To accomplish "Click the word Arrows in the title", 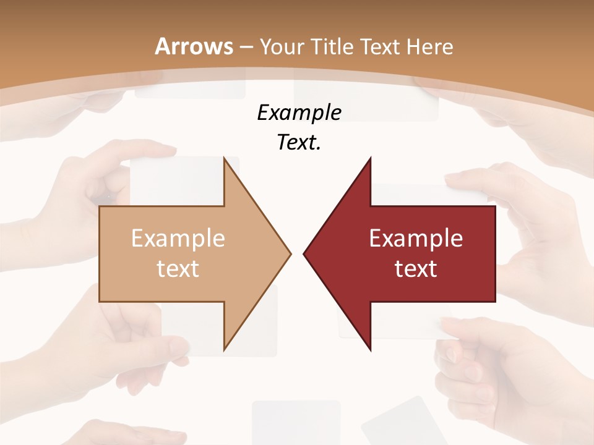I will pyautogui.click(x=194, y=46).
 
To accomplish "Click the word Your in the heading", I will pyautogui.click(x=282, y=47).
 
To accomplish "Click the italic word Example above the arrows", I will pyautogui.click(x=299, y=112).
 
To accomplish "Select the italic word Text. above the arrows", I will pyautogui.click(x=299, y=142).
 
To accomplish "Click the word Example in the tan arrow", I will pyautogui.click(x=178, y=238).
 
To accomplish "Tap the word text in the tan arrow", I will pyautogui.click(x=178, y=268).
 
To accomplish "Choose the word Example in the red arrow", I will pyautogui.click(x=416, y=238).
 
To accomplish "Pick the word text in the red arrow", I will pyautogui.click(x=416, y=268).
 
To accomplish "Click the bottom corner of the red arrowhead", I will pyautogui.click(x=370, y=349).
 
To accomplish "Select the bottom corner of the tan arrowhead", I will pyautogui.click(x=225, y=349).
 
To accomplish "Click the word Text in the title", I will pyautogui.click(x=385, y=46).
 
